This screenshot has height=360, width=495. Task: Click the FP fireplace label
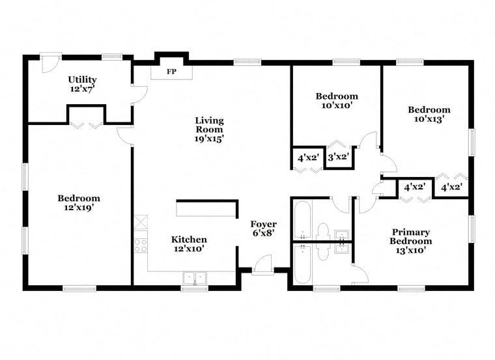171,72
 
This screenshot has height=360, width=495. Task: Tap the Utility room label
83,79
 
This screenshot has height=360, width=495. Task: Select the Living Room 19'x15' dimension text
209,139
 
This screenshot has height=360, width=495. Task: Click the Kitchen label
189,240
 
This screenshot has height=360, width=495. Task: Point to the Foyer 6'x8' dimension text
263,233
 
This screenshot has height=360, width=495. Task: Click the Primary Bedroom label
411,236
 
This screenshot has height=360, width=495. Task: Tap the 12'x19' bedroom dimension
79,208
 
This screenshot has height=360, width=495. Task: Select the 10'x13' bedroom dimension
429,119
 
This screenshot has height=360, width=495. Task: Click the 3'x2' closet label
338,156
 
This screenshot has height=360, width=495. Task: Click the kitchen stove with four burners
141,246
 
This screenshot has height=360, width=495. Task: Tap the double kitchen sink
195,278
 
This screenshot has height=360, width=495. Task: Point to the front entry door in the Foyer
263,265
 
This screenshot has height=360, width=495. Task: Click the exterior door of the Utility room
50,63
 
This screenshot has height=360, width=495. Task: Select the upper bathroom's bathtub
303,220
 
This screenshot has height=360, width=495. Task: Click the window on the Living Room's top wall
247,62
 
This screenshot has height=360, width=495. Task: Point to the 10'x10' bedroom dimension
337,105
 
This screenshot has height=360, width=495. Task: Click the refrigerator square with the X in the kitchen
141,222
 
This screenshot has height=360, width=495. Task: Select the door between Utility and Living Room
139,94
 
